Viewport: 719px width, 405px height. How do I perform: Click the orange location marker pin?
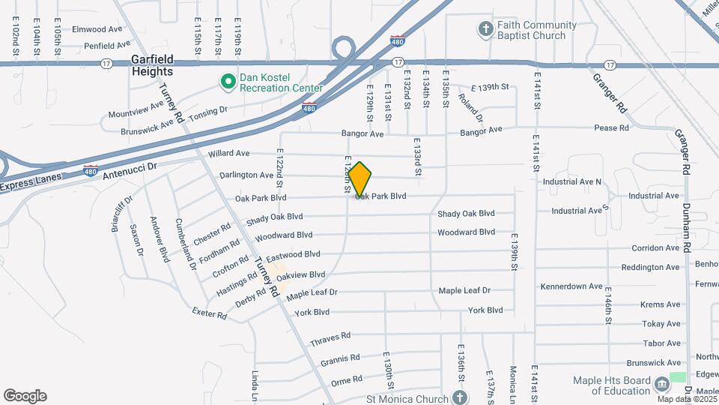(360, 178)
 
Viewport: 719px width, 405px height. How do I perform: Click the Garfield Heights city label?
(152, 65)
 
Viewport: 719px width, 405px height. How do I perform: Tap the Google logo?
(25, 396)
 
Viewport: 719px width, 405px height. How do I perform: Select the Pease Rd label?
(611, 128)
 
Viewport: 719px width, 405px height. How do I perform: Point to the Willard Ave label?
(228, 153)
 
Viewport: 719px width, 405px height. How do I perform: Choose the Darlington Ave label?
(246, 175)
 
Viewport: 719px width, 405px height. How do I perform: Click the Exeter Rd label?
(209, 314)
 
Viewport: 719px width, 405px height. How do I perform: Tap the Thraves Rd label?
(330, 340)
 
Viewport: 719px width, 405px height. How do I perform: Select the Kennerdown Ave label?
(571, 286)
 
